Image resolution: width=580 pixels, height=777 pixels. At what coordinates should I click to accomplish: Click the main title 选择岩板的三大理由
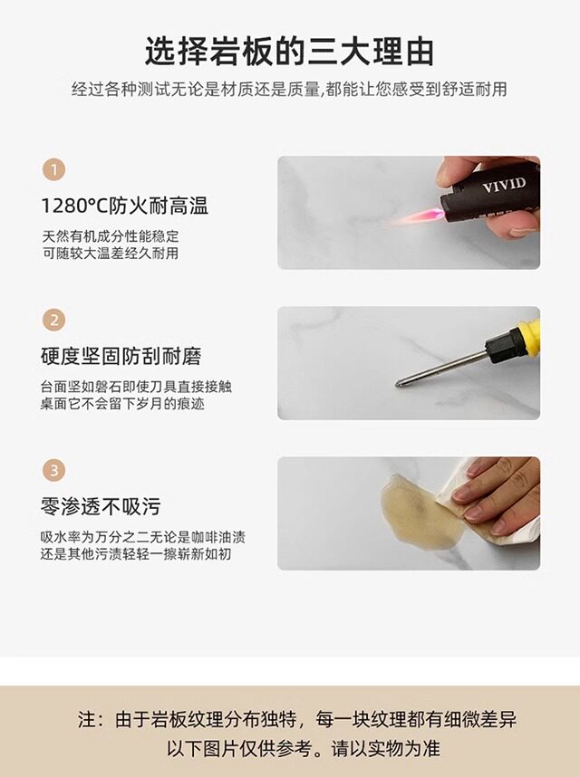289,52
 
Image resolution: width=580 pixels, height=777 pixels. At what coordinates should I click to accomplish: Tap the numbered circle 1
54,170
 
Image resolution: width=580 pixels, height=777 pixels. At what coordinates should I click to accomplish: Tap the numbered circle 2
54,320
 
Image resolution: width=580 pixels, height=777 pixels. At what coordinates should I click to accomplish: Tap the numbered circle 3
54,470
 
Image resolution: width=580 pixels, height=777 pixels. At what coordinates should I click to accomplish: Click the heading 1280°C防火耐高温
124,206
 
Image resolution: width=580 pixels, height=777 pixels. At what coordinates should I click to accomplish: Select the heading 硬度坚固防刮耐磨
121,356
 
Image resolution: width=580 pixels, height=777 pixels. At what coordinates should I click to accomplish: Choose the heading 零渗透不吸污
101,506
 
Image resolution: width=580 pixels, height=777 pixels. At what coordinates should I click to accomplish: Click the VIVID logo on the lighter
504,185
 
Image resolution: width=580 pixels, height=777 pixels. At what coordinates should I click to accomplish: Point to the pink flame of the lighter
418,216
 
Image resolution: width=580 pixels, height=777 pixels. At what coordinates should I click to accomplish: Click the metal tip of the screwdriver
399,384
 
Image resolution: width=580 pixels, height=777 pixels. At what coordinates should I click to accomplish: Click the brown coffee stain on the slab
420,513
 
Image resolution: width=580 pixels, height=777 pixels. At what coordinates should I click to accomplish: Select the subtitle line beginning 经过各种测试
289,90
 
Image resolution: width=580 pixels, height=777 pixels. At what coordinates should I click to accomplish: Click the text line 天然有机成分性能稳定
110,235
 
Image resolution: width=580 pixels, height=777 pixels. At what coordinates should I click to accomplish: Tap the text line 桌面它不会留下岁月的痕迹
122,403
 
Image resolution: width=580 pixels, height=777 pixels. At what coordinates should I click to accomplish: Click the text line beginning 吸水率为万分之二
143,537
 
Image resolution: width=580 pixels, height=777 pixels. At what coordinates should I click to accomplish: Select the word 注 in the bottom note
86,720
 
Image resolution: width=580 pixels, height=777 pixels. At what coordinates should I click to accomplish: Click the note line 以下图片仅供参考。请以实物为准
303,748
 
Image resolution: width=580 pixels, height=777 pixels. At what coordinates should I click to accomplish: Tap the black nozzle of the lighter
451,202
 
